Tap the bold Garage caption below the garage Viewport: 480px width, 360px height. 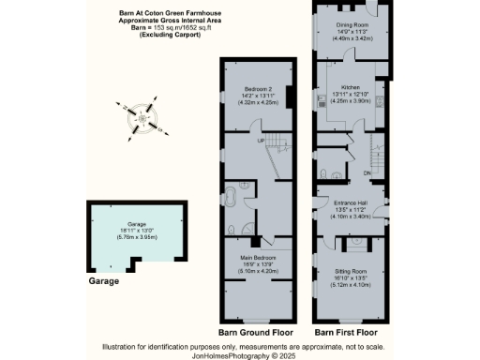pos(104,280)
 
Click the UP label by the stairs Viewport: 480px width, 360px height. pos(261,141)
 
